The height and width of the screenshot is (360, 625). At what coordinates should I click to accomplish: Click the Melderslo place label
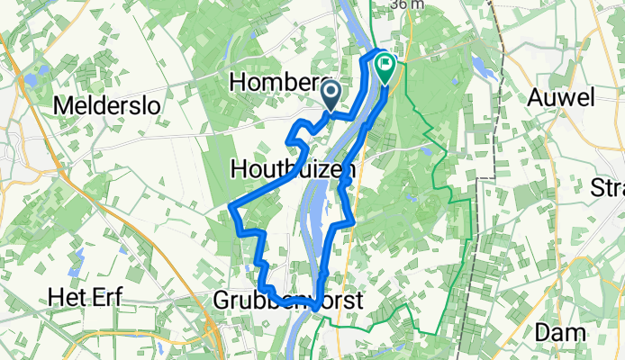pos(107,105)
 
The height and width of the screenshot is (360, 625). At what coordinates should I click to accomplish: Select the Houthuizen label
pos(294,168)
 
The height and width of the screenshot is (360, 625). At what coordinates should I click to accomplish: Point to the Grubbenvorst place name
pos(288,301)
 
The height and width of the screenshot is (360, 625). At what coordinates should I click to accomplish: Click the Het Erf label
pos(86,298)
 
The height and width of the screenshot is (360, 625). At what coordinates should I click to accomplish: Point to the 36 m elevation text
pos(407,5)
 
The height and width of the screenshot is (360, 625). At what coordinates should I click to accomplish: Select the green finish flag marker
pos(385,65)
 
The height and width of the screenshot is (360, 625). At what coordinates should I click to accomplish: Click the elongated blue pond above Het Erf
pos(78,261)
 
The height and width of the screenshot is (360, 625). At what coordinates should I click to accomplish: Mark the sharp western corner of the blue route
pos(232,210)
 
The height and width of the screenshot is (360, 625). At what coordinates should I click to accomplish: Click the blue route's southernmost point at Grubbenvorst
pos(312,307)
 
